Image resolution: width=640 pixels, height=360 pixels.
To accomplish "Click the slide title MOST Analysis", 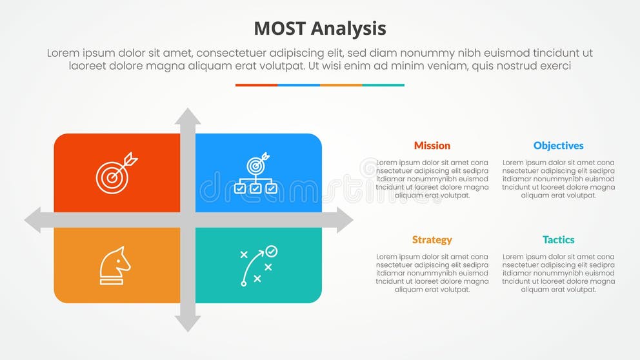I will [x=320, y=28].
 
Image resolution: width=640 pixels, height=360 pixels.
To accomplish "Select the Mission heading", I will [x=432, y=146].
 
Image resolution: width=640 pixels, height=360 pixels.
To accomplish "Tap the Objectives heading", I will [x=558, y=146].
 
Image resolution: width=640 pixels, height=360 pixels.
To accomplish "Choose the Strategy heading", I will [x=432, y=240].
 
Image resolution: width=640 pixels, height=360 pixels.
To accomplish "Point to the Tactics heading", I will [x=558, y=240].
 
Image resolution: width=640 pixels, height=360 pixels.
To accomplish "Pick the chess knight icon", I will [x=114, y=266].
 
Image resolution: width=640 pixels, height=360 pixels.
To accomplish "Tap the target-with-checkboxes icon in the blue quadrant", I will [x=256, y=173].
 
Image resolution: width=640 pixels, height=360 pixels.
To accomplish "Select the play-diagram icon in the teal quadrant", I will [x=257, y=266].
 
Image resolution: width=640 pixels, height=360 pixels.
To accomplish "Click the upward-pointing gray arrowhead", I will [x=188, y=117].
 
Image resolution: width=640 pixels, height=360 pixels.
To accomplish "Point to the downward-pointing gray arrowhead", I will [x=188, y=323].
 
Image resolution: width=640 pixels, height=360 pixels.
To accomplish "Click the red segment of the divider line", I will [x=256, y=85].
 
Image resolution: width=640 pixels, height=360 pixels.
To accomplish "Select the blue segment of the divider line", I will [x=299, y=85].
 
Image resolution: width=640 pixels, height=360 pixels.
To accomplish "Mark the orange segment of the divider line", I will [x=341, y=85].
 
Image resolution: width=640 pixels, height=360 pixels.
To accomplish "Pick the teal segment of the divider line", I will [x=383, y=85].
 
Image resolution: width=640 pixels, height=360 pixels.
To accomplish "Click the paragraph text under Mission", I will [x=432, y=179].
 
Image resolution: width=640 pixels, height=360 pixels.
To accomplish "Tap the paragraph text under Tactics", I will [x=558, y=273].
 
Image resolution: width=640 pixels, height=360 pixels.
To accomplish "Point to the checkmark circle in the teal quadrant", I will [x=272, y=250].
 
